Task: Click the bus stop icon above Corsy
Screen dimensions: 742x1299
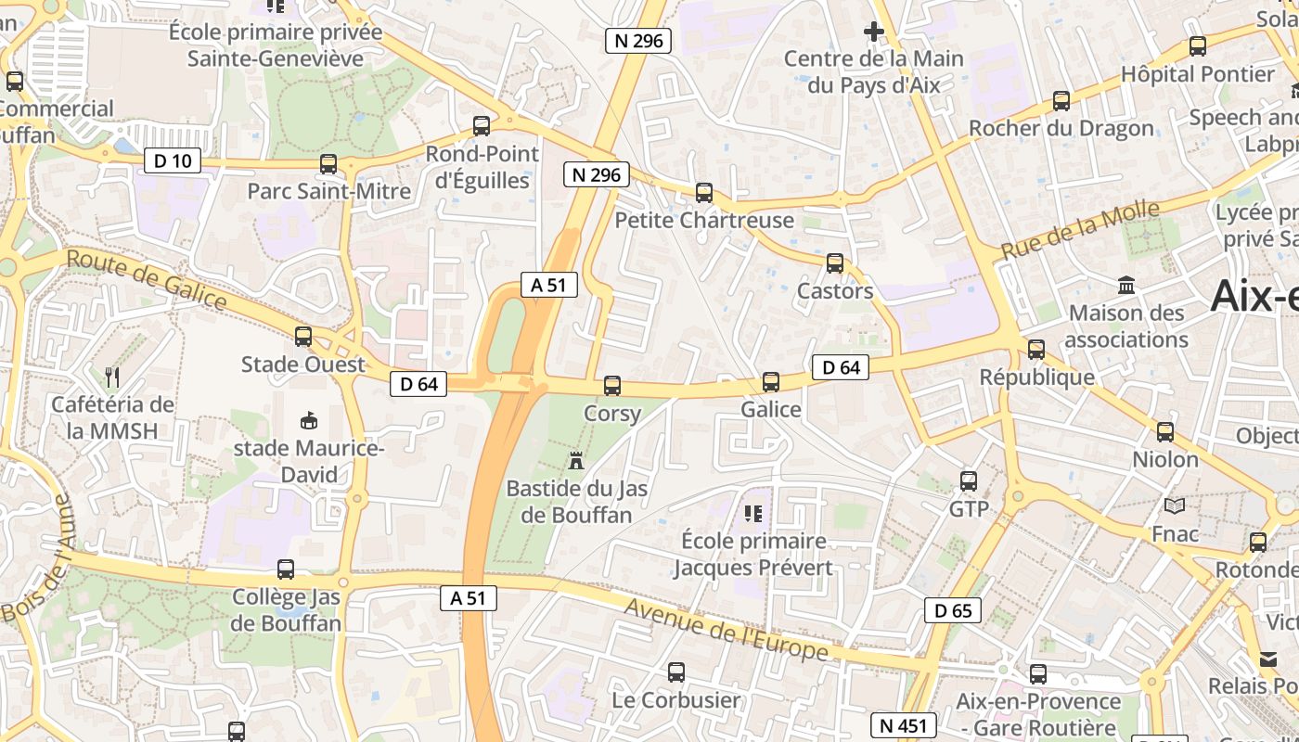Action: (x=612, y=386)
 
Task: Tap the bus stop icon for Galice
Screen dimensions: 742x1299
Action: (x=771, y=382)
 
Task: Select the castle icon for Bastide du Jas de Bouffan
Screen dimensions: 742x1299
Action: (x=576, y=460)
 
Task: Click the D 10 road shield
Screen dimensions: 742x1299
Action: (x=173, y=161)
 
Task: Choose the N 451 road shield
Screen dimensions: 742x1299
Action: (x=903, y=725)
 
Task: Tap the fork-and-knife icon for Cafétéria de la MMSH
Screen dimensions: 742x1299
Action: (x=112, y=377)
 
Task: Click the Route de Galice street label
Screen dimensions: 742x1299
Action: (x=147, y=280)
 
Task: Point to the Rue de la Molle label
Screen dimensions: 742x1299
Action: (x=1080, y=230)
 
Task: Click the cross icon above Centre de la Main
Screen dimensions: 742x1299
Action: (x=873, y=32)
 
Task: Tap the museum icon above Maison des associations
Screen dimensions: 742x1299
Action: (x=1126, y=286)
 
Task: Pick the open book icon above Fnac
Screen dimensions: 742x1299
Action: (x=1175, y=506)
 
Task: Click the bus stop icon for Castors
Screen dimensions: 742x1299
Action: (x=835, y=263)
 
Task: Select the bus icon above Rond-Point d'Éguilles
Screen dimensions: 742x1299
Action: (x=482, y=126)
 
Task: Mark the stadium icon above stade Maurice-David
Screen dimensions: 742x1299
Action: (x=309, y=421)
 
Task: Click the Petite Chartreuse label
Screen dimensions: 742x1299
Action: (x=704, y=221)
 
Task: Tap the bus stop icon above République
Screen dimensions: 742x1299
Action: (x=1036, y=350)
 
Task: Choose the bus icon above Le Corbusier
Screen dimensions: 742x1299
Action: (x=676, y=672)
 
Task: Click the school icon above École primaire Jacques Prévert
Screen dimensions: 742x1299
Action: (x=752, y=513)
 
